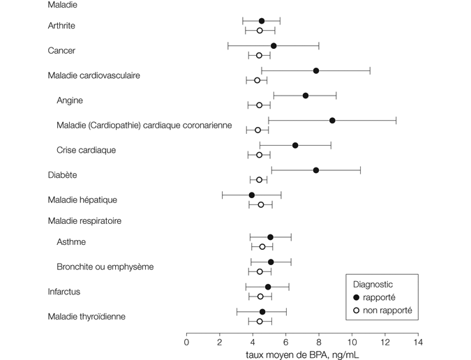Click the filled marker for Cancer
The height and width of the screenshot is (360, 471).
(274, 46)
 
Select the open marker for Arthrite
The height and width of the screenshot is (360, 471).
(260, 31)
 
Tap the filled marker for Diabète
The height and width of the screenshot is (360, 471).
(316, 170)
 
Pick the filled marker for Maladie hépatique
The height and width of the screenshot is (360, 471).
(252, 195)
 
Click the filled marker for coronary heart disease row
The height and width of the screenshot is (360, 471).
(332, 121)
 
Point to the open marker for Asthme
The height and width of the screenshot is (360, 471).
(262, 247)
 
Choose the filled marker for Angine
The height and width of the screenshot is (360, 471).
(306, 96)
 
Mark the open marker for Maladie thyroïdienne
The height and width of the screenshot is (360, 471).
(260, 322)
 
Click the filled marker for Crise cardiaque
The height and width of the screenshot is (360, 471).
(295, 145)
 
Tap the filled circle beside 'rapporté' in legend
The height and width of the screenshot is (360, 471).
(357, 298)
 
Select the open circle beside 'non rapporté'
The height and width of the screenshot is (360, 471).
(357, 310)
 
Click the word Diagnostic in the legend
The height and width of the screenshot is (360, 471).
(373, 285)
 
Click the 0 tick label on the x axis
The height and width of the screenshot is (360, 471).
(186, 343)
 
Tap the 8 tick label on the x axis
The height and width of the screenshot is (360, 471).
(319, 343)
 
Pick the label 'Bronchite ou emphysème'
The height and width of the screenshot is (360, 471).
(105, 267)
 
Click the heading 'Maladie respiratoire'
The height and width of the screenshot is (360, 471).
(84, 222)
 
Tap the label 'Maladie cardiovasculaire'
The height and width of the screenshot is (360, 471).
(94, 75)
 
